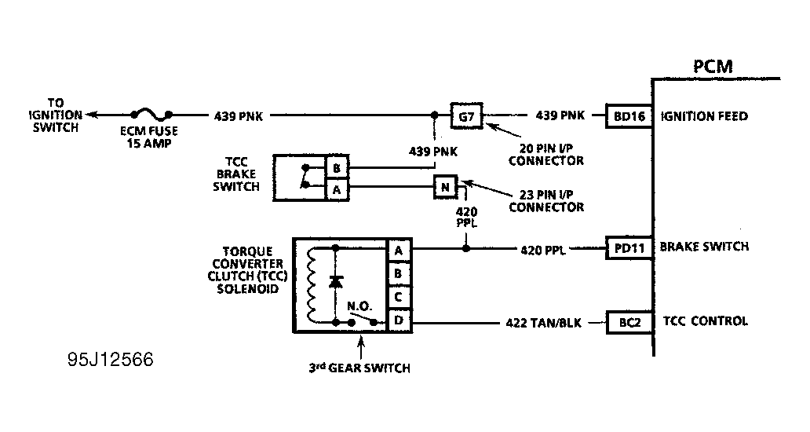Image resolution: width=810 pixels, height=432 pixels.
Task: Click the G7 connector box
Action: (x=466, y=115)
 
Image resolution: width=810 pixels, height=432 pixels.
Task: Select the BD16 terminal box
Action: (x=629, y=116)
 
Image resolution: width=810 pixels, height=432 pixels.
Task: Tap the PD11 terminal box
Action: (x=629, y=248)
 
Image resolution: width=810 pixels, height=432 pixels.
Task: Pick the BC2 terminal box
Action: (x=629, y=323)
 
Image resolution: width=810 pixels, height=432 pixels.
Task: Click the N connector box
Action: (x=445, y=187)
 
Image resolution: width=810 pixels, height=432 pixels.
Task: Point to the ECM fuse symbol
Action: (x=151, y=115)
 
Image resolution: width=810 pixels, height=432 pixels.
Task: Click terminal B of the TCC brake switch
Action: (x=337, y=168)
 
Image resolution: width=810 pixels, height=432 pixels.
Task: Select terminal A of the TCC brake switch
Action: (x=337, y=189)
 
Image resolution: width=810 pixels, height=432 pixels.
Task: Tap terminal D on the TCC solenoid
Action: (x=399, y=320)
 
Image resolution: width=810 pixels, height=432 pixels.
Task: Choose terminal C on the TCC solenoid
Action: (x=398, y=297)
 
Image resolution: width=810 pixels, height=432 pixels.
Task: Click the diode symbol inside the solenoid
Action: (x=336, y=282)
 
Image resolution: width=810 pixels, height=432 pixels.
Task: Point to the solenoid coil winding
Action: (x=311, y=285)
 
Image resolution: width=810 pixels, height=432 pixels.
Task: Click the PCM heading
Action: (x=713, y=67)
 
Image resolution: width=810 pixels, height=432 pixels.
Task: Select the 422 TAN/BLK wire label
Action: (x=543, y=323)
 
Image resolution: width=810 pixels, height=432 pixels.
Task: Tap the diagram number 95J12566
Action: (x=110, y=359)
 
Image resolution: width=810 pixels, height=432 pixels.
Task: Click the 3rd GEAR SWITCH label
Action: (x=359, y=368)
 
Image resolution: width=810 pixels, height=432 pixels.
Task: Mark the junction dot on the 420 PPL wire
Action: (x=466, y=248)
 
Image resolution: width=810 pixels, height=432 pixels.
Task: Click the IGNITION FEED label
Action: (x=705, y=116)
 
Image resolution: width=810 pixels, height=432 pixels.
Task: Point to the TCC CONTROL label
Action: (x=705, y=321)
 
